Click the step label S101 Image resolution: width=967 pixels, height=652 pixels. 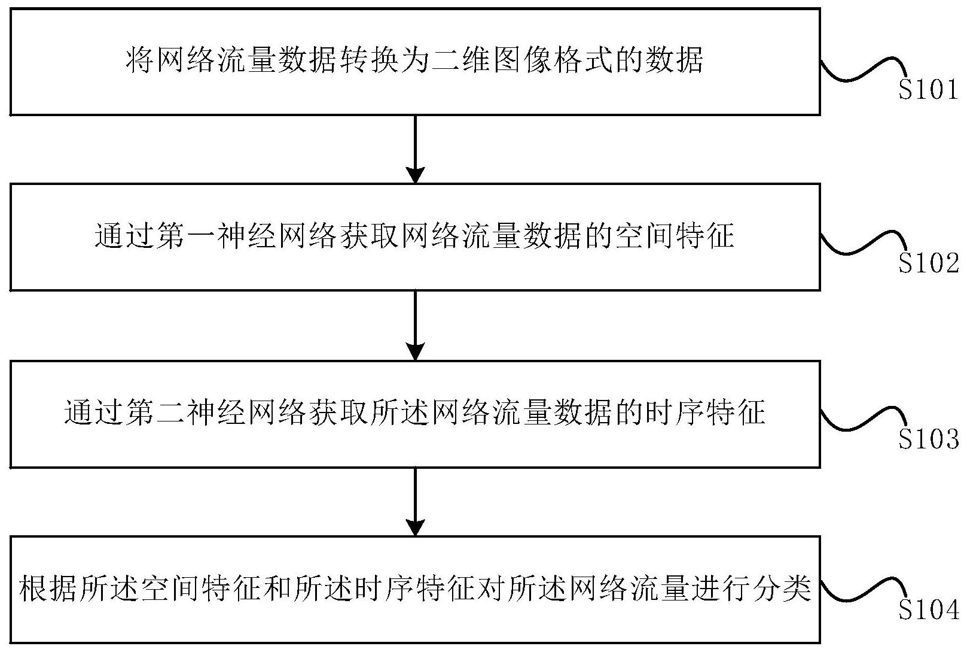pyautogui.click(x=928, y=90)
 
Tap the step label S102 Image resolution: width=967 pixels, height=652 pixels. pyautogui.click(x=929, y=263)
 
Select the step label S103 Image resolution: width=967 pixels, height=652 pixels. pyautogui.click(x=929, y=439)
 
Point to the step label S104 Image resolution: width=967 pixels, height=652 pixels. pyautogui.click(x=929, y=610)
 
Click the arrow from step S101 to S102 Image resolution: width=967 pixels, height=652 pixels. pyautogui.click(x=415, y=150)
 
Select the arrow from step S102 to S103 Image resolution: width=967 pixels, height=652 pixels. pyautogui.click(x=415, y=325)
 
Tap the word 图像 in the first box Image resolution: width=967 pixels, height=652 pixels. pyautogui.click(x=522, y=60)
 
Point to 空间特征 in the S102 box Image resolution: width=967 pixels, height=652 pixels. pyautogui.click(x=676, y=236)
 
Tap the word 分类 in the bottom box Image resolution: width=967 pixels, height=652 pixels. pyautogui.click(x=783, y=589)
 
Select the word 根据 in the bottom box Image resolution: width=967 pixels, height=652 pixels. pyautogui.click(x=48, y=589)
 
